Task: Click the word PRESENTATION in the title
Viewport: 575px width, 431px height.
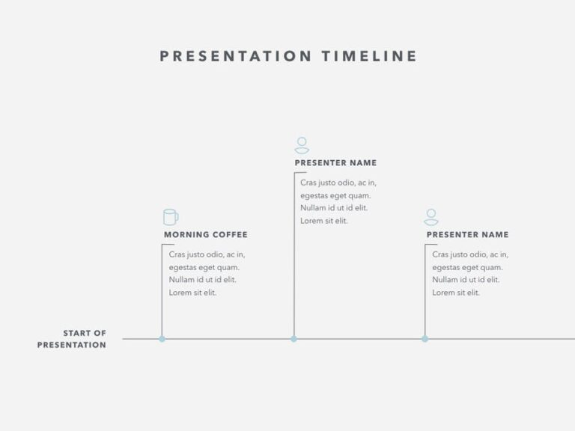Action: (x=236, y=56)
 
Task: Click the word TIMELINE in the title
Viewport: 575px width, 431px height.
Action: (x=370, y=56)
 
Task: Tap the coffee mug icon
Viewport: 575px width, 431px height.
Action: (x=171, y=217)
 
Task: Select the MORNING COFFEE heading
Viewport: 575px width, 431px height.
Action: (x=205, y=235)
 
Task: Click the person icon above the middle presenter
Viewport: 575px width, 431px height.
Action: (x=302, y=145)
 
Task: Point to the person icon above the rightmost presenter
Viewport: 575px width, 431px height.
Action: (x=431, y=217)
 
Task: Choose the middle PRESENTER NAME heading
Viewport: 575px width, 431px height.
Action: (x=335, y=163)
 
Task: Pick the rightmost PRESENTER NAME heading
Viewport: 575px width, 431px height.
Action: (x=467, y=235)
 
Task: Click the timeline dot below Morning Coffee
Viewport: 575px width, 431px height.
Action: (x=162, y=339)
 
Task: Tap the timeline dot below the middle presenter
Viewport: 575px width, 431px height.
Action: (x=293, y=339)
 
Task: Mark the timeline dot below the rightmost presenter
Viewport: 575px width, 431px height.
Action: (x=425, y=339)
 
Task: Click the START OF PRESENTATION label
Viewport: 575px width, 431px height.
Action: (x=73, y=339)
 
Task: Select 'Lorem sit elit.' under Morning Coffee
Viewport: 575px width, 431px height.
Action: (x=192, y=293)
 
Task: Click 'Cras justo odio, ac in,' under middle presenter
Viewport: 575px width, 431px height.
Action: (x=338, y=183)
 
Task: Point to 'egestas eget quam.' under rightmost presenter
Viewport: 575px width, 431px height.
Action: (x=467, y=267)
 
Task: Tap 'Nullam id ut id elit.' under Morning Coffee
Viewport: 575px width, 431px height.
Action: (x=202, y=280)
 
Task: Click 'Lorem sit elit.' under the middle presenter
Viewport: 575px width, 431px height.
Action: (x=324, y=221)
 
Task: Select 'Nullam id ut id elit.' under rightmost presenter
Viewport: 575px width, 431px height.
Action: (x=466, y=280)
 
